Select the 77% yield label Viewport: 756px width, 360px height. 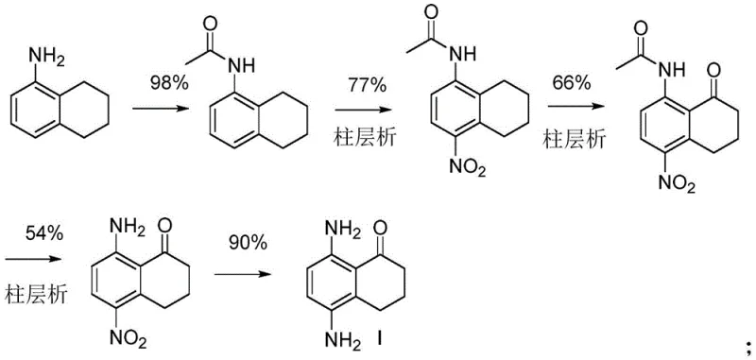[x=368, y=86]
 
